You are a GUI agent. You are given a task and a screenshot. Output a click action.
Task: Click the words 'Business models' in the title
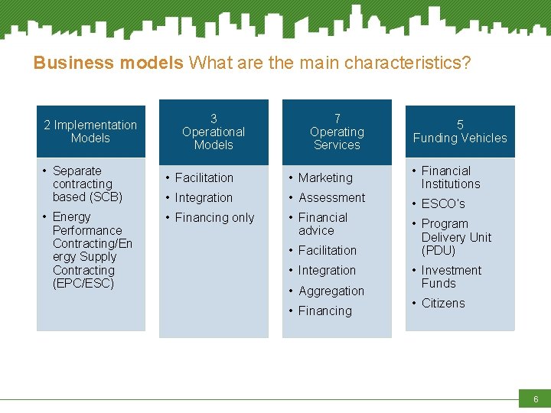(108, 63)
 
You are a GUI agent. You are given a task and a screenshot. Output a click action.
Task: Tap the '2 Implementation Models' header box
(90, 132)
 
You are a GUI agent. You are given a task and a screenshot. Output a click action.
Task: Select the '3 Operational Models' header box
(214, 132)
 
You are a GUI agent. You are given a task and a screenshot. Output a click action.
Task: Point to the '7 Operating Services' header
(337, 132)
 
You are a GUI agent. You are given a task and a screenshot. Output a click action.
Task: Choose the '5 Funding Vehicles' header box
(460, 132)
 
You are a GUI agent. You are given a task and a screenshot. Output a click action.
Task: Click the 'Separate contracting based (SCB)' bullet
(87, 184)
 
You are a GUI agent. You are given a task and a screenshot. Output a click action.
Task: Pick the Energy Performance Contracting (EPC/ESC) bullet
(92, 250)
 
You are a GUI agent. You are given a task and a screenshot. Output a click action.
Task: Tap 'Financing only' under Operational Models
(214, 218)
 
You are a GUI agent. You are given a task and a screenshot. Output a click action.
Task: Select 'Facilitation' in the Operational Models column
(204, 177)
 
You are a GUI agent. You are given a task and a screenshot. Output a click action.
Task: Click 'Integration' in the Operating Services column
(327, 271)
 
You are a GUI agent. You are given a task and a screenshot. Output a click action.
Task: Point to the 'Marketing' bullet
(325, 177)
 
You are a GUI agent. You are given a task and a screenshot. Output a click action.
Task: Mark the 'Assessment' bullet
(331, 197)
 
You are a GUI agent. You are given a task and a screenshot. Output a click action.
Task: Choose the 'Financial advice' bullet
(322, 224)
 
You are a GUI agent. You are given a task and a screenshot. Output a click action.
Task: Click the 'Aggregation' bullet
(331, 291)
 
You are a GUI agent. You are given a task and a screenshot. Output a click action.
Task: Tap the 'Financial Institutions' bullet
(450, 177)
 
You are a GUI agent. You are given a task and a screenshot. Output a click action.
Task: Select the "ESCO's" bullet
(443, 204)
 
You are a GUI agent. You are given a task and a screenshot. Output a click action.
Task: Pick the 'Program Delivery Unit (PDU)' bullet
(455, 237)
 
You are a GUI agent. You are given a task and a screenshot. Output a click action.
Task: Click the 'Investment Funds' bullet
(451, 277)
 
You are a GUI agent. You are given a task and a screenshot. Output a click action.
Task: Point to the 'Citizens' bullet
(443, 304)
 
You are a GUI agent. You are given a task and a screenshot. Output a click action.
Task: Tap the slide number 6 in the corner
(535, 399)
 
